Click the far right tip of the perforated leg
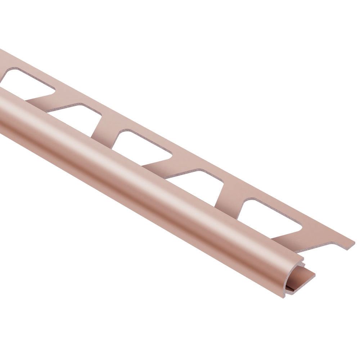click(x=353, y=242)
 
